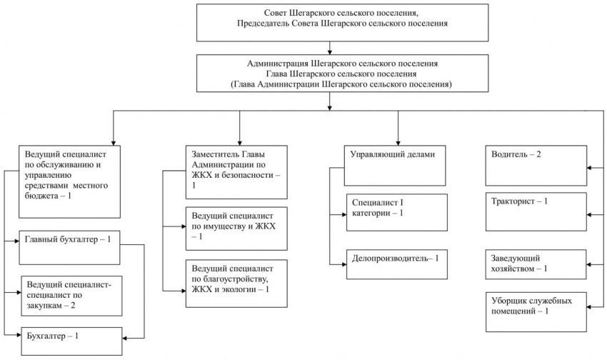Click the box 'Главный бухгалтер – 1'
click(70, 248)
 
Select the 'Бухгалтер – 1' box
click(71, 341)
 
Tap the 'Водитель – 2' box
click(536, 166)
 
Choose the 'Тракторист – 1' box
click(536, 211)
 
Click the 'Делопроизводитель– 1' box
click(397, 264)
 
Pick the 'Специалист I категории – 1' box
click(397, 213)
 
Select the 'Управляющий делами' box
click(395, 166)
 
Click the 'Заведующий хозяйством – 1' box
click(536, 264)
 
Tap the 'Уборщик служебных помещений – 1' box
click(536, 312)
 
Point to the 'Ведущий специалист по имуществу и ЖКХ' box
click(236, 229)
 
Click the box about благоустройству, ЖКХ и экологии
click(236, 284)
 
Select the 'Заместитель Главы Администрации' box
click(236, 172)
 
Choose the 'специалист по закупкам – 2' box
click(71, 296)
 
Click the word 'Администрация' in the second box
click(277, 64)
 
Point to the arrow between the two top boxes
click(330, 48)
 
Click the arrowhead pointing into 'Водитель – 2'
click(589, 168)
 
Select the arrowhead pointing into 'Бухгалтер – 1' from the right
click(125, 339)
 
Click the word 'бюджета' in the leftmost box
click(40, 196)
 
